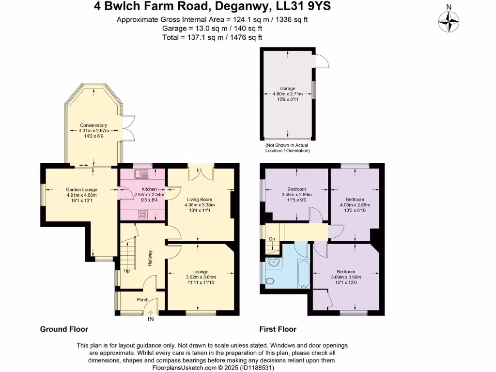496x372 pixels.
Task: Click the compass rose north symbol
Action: pos(449,20)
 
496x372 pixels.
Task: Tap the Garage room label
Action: pos(287,89)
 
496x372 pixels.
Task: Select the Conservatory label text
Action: pos(93,125)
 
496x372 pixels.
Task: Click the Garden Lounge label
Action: pos(81,189)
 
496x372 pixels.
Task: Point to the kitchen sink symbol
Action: pos(144,173)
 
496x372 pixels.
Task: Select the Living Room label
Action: pos(200,199)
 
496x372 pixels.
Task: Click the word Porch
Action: pos(142,300)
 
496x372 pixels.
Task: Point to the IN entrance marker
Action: pos(151,319)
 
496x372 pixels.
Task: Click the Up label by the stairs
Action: pos(127,271)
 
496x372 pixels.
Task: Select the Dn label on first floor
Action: pos(272,239)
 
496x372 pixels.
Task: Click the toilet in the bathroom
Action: pos(269,281)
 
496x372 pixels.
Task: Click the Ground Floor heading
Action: pos(64,329)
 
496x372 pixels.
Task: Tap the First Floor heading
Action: pos(278,329)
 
